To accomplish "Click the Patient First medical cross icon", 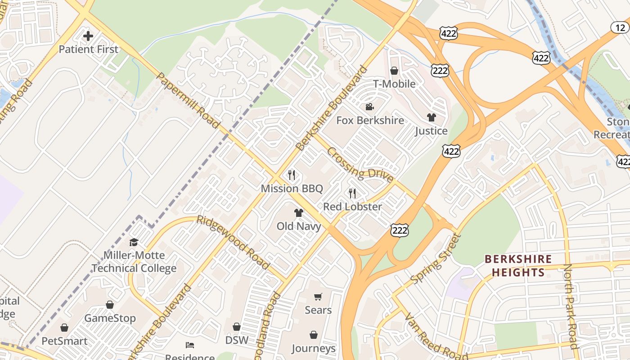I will [88, 36].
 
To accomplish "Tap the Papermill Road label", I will [188, 100].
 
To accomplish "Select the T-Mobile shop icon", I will [394, 71].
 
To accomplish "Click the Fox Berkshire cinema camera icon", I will [370, 107].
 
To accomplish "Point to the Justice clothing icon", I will [431, 117].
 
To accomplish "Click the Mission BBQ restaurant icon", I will [292, 175].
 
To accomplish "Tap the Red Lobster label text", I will [352, 207].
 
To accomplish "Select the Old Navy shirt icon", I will [299, 212].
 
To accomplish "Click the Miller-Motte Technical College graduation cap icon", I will [134, 243].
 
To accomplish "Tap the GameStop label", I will [110, 318].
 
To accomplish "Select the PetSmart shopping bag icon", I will [64, 328].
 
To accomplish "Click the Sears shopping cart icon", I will [318, 297].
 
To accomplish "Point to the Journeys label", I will [313, 348].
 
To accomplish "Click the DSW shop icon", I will [237, 327].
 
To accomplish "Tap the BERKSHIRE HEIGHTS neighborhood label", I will [518, 265].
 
